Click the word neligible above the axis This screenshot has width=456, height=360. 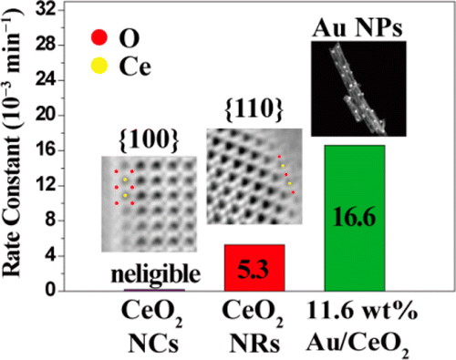(x=152, y=273)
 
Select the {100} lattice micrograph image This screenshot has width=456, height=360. (x=148, y=203)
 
